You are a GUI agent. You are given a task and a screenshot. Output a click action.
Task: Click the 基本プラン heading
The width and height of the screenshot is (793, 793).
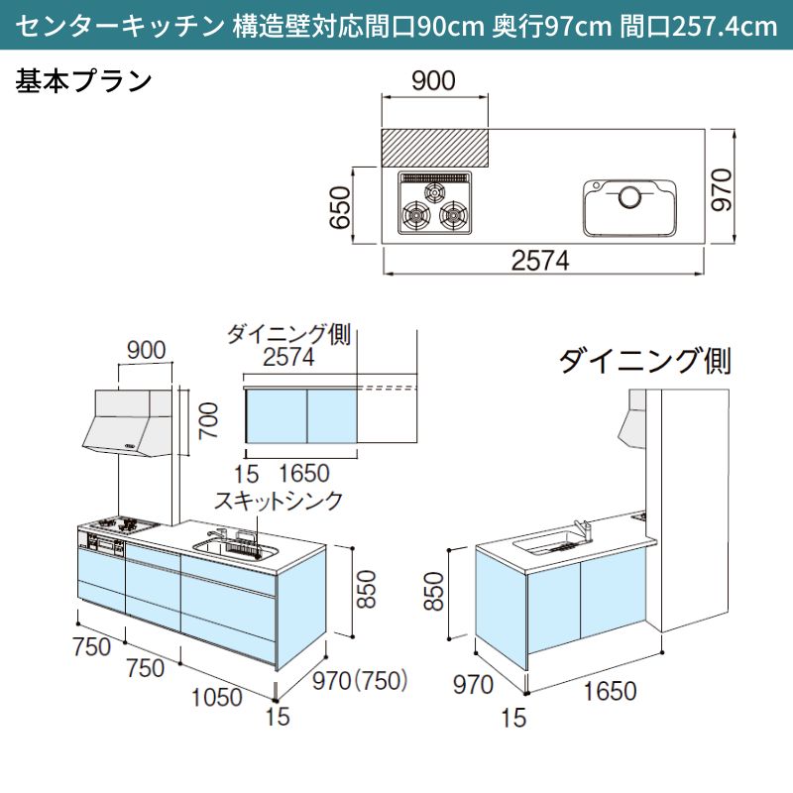[x=84, y=79]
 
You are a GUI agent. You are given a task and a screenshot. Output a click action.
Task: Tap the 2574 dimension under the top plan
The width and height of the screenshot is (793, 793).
[x=541, y=260]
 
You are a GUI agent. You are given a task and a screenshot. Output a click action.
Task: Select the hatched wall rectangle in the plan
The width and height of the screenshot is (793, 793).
[x=436, y=147]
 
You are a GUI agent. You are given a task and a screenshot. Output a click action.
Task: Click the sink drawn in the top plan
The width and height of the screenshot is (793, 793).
[x=630, y=206]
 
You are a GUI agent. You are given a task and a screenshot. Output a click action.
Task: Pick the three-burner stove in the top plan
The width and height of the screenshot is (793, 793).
[x=435, y=202]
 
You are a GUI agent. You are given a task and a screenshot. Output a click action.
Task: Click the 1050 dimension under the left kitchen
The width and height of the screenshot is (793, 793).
[x=215, y=697]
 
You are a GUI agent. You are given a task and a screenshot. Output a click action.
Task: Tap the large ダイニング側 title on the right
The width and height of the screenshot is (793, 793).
[x=645, y=361]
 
